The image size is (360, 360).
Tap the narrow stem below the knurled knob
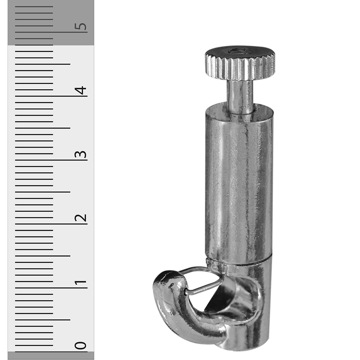(x=240, y=96)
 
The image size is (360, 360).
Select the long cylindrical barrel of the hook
(x=239, y=184)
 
